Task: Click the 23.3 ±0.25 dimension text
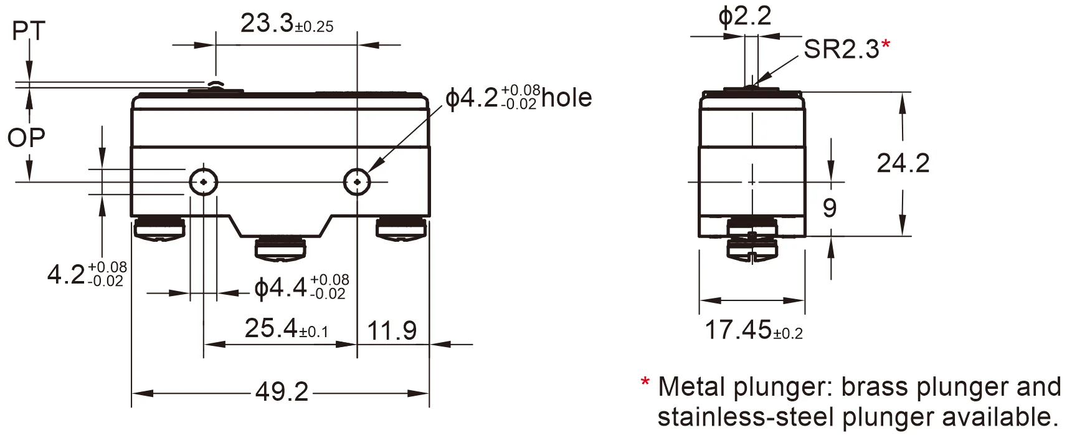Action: click(x=287, y=24)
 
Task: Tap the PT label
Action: click(x=29, y=31)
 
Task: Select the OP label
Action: click(x=26, y=138)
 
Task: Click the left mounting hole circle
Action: click(x=204, y=182)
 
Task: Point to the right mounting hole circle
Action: click(x=357, y=182)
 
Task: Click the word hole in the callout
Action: click(x=566, y=98)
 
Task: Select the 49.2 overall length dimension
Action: click(x=282, y=392)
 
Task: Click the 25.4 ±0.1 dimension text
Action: click(x=286, y=328)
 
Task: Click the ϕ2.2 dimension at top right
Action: click(x=744, y=16)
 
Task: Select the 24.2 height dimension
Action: click(x=903, y=163)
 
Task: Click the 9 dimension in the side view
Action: click(x=829, y=208)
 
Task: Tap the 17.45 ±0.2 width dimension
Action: click(x=752, y=330)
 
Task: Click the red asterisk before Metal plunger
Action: click(x=645, y=383)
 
